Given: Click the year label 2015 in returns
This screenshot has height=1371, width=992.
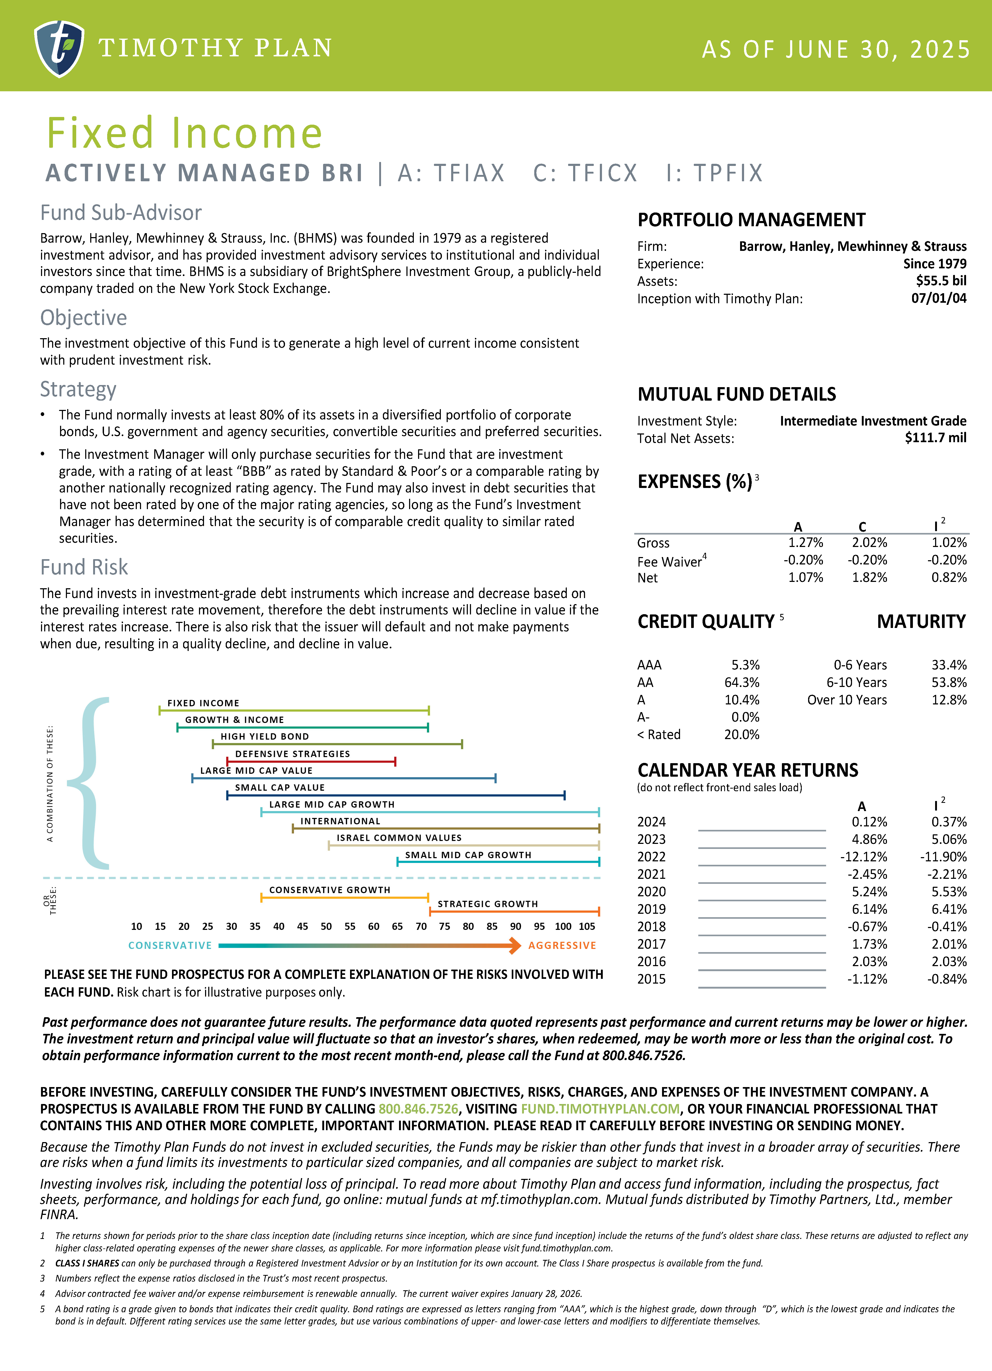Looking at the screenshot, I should [x=651, y=979].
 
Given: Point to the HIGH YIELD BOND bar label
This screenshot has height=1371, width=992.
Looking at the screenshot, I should [x=265, y=736].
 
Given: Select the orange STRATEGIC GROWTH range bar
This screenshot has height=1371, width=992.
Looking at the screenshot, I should [x=514, y=911].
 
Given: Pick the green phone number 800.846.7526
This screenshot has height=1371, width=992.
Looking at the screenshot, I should [x=418, y=1109].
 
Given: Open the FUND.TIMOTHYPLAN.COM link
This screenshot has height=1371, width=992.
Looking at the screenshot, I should [x=600, y=1109].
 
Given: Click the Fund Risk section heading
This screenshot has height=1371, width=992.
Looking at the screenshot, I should [x=84, y=568].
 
